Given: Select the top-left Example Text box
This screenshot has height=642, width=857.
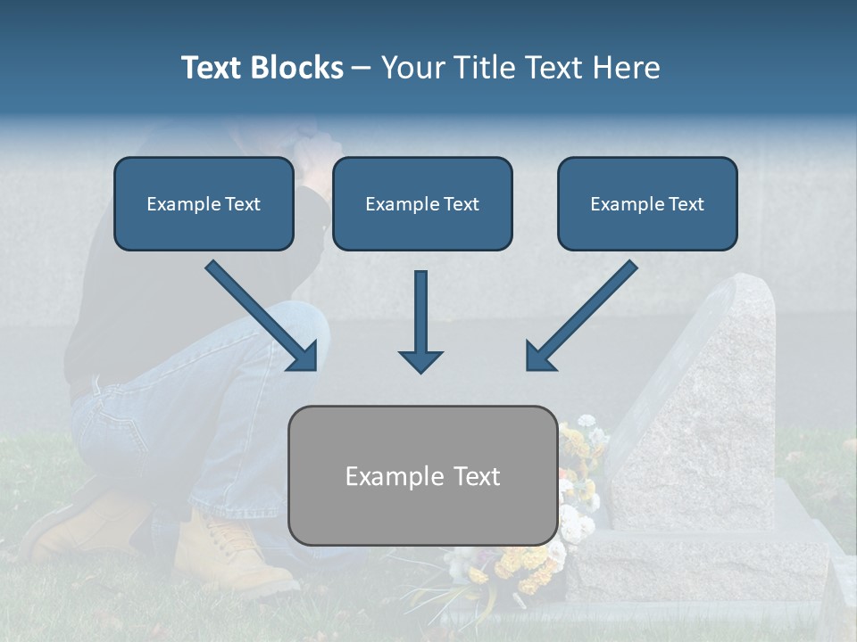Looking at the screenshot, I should [204, 203].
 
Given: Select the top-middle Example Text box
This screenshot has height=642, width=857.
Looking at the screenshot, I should [422, 203].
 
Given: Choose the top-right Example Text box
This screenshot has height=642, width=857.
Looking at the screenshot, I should [647, 203].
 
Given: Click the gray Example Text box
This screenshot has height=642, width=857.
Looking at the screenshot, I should [423, 475].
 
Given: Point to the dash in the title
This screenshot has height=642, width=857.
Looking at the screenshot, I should [362, 69].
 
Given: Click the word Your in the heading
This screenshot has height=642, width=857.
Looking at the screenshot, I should [412, 68].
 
